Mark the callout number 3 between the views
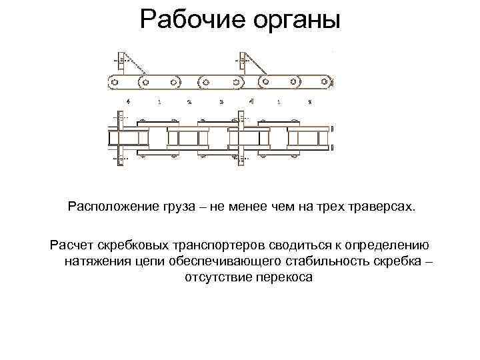[221, 102]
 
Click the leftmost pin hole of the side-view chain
[113, 82]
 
